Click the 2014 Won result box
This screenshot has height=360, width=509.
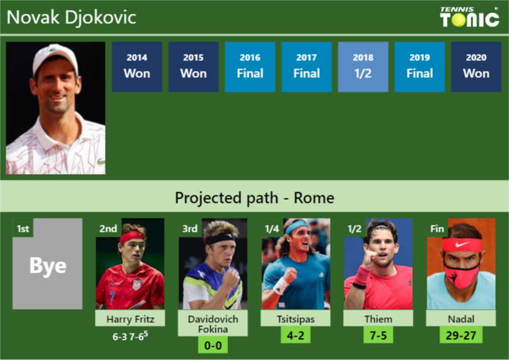[x=136, y=67]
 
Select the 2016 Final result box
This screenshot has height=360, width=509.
[x=249, y=67]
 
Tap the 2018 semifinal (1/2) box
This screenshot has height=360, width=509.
[x=363, y=67]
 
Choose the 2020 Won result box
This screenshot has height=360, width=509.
[x=476, y=67]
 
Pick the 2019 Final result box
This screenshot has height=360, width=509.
[x=419, y=67]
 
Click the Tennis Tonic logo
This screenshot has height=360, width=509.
[x=469, y=17]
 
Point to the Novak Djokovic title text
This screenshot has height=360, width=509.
[x=71, y=17]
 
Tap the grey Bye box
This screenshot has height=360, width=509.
[x=48, y=265]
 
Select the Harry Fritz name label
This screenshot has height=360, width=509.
[x=130, y=319]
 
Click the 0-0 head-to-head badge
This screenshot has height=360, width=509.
[x=213, y=345]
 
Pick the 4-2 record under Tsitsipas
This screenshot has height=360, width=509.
[x=295, y=335]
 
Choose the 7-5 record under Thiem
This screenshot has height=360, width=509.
[x=378, y=335]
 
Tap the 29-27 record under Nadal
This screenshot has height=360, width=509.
[x=461, y=335]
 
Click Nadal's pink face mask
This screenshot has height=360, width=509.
[x=461, y=275]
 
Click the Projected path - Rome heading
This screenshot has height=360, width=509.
[x=255, y=199]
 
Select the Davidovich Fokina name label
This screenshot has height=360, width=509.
[x=213, y=324]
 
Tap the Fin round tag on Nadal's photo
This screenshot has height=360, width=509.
[x=437, y=229]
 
